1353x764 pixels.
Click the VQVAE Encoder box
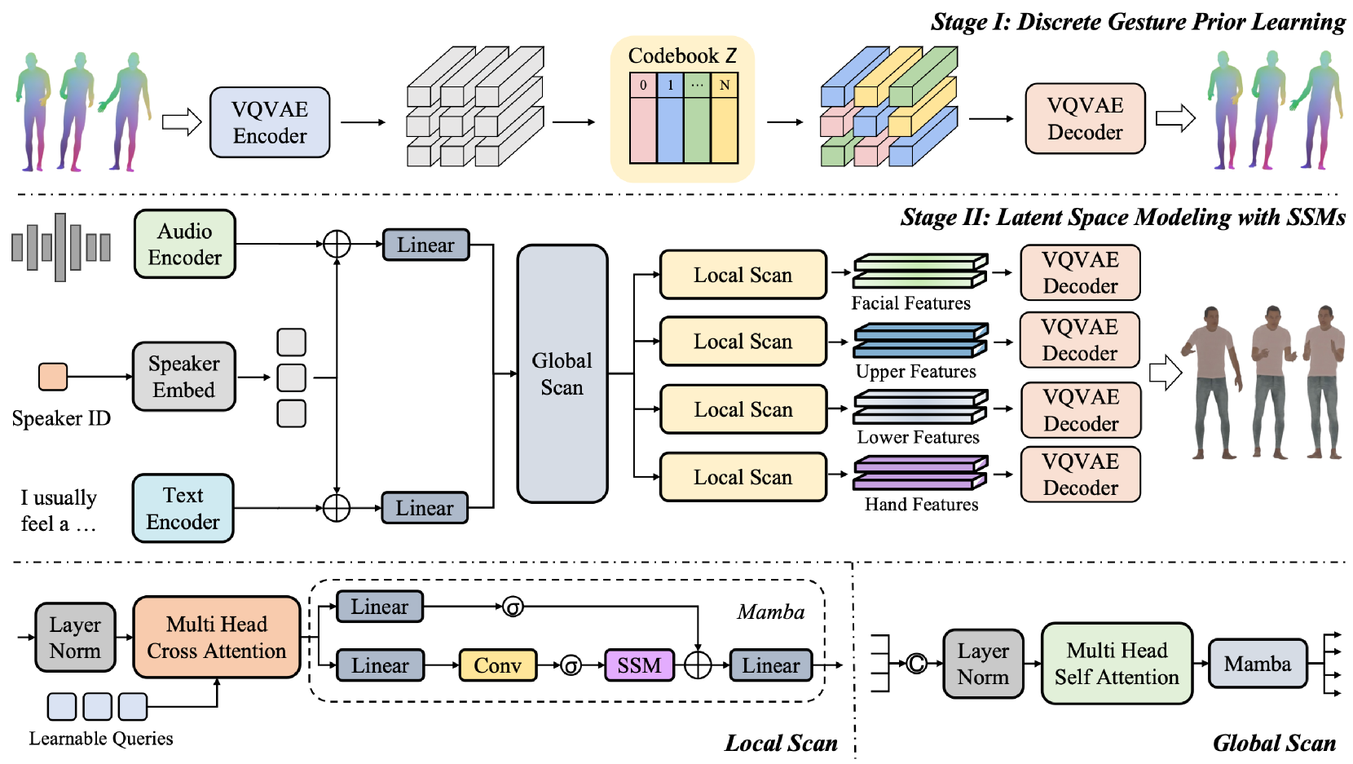pyautogui.click(x=270, y=122)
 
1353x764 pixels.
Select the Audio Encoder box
pyautogui.click(x=185, y=244)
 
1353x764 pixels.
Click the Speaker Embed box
pyautogui.click(x=184, y=377)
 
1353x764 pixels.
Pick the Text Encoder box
pyautogui.click(x=183, y=509)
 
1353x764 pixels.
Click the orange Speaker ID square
pyautogui.click(x=54, y=377)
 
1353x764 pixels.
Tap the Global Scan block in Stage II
pyautogui.click(x=562, y=373)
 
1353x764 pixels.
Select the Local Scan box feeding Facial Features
pyautogui.click(x=743, y=275)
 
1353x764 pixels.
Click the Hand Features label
pyautogui.click(x=921, y=505)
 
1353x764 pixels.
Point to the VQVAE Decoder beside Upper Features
pyautogui.click(x=1080, y=340)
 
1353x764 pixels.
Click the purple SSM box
pyautogui.click(x=639, y=665)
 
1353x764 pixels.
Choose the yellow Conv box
pyautogui.click(x=497, y=665)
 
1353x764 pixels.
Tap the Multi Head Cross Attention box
pyautogui.click(x=217, y=638)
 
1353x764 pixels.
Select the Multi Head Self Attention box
pyautogui.click(x=1117, y=664)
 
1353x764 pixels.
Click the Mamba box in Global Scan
pyautogui.click(x=1257, y=664)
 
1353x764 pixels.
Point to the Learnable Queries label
pyautogui.click(x=101, y=739)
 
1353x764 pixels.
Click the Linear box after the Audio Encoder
pyautogui.click(x=425, y=245)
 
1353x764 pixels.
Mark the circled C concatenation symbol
pyautogui.click(x=917, y=664)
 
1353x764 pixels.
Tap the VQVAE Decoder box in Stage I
pyautogui.click(x=1085, y=119)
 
